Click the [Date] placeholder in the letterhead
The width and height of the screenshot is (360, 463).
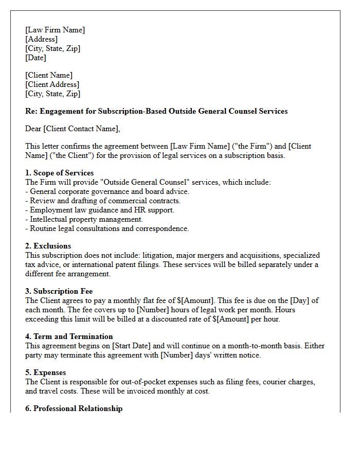click(x=35, y=58)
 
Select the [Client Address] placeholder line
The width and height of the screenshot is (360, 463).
click(x=52, y=85)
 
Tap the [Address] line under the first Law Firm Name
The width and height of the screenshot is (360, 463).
click(x=41, y=40)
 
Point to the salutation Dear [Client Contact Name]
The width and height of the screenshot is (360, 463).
click(x=73, y=129)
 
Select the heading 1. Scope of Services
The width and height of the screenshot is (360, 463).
click(x=59, y=173)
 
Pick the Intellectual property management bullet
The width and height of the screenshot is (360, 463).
click(x=84, y=219)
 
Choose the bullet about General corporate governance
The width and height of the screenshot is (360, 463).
click(x=107, y=191)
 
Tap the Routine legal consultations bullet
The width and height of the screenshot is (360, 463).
click(x=107, y=228)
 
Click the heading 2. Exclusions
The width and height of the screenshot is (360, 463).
click(x=48, y=246)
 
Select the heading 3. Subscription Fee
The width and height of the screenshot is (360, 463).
click(x=59, y=291)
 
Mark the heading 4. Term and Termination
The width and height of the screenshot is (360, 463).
click(x=69, y=336)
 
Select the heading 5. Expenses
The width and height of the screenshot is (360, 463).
click(x=46, y=372)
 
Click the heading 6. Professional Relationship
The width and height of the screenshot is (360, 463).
click(x=74, y=408)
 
